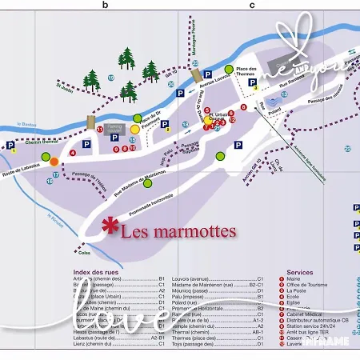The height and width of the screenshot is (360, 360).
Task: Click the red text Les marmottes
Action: [x=178, y=233]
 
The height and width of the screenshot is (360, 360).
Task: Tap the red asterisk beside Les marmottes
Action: [x=109, y=226]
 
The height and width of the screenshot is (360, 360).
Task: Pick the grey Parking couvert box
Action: [x=114, y=128]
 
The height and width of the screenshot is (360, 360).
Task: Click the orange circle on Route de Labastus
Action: [x=54, y=161]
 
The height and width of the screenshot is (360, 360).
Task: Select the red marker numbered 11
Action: [x=100, y=129]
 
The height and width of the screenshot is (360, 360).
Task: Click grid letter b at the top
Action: [x=104, y=5]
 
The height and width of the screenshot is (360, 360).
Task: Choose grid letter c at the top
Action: [x=252, y=5]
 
